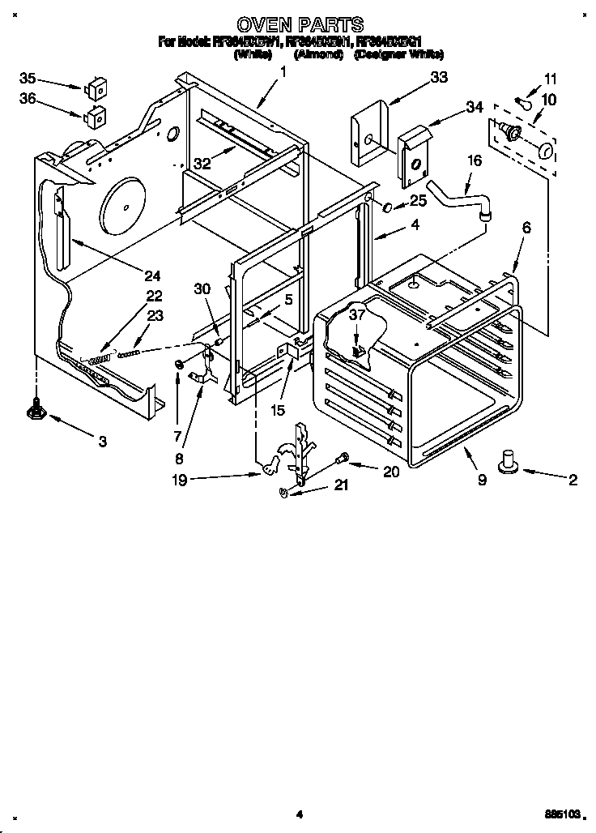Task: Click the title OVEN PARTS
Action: (299, 25)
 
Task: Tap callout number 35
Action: (28, 79)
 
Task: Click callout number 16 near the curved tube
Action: (474, 160)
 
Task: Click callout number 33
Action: (439, 79)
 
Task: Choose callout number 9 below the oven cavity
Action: (482, 480)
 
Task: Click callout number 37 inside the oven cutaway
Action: (357, 317)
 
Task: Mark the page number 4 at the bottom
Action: (299, 814)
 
